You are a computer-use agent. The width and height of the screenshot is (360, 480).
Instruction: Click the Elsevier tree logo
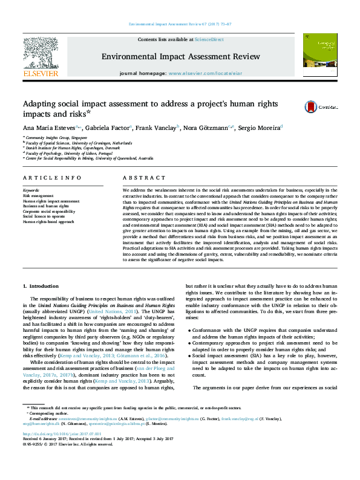pos(41,53)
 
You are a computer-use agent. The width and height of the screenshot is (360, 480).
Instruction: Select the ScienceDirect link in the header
pos(209,39)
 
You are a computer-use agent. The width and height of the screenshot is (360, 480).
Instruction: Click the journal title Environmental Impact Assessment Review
pos(181,56)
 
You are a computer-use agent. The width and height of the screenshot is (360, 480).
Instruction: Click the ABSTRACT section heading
pos(143,178)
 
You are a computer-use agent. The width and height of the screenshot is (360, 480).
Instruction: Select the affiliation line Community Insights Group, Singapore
pos(54,138)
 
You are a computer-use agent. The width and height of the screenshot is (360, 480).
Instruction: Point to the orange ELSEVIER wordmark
pos(41,74)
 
